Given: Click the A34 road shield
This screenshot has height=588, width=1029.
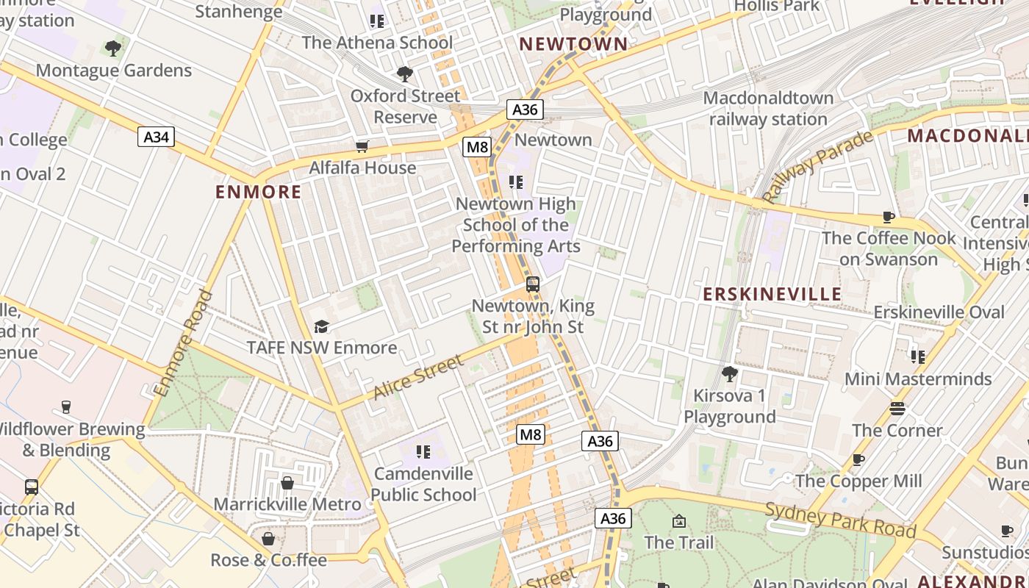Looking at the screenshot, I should (x=156, y=136).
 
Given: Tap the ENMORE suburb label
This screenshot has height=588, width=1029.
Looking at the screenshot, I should (x=258, y=193).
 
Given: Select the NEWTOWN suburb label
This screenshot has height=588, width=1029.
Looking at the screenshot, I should (x=574, y=44).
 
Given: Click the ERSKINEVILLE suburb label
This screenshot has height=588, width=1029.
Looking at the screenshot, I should (x=772, y=295).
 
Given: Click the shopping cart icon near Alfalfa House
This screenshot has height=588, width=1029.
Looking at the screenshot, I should (x=362, y=147).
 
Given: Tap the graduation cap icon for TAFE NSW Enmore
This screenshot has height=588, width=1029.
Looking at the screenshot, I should (x=321, y=326).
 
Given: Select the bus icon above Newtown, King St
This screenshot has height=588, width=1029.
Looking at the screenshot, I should (x=533, y=284).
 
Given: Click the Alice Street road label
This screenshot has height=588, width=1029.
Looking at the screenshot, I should (x=418, y=377).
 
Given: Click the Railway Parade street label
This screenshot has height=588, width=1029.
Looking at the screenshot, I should (x=817, y=167).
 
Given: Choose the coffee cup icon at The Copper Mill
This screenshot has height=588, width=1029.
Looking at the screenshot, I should (x=858, y=460).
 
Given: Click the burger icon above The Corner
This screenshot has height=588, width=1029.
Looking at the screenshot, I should (x=897, y=409).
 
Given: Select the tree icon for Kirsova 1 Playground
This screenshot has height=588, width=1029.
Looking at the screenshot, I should (x=730, y=374).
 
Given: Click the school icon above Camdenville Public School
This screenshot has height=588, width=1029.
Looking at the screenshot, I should (x=423, y=452).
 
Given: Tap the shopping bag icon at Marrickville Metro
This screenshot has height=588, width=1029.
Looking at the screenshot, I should (x=287, y=483).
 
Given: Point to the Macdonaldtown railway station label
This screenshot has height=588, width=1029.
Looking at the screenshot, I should (x=768, y=108).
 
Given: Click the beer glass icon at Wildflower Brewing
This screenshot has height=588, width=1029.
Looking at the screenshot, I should (x=65, y=407).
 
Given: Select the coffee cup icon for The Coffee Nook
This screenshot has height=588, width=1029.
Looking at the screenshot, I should (x=888, y=217).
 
